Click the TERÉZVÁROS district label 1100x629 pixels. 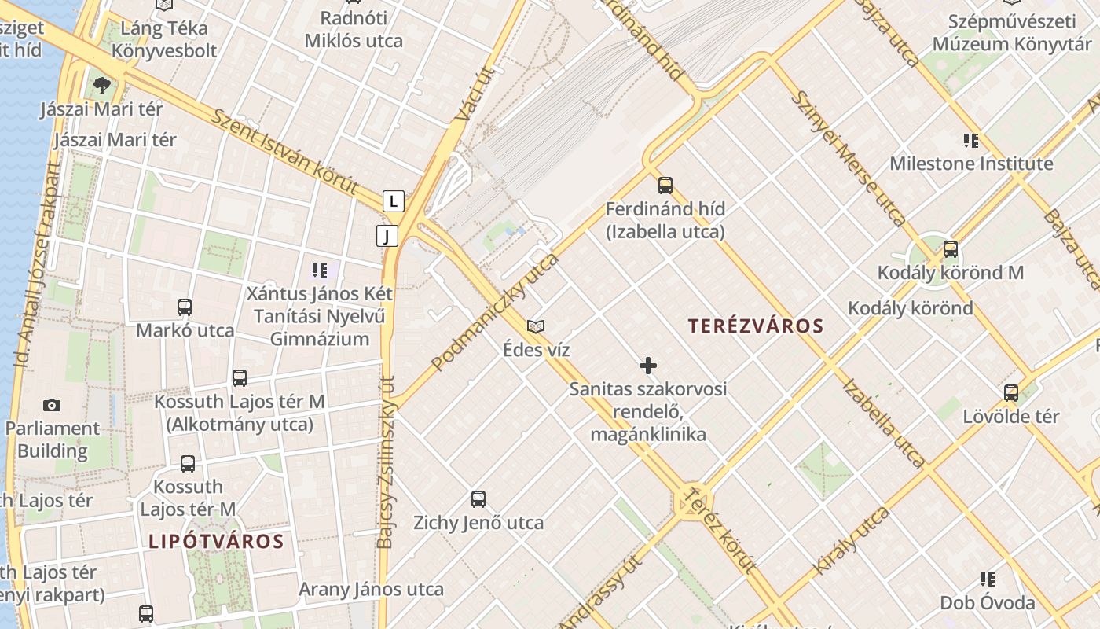point(755,326)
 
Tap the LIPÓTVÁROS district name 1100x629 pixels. point(216,541)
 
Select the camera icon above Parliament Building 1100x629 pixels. point(52,405)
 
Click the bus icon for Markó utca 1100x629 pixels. point(185,307)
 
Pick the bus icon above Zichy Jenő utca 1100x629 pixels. point(478,499)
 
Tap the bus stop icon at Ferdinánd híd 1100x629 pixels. point(665,186)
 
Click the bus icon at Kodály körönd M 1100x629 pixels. point(951,250)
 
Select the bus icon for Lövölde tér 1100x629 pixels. point(1011,392)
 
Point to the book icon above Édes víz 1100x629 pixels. point(536,326)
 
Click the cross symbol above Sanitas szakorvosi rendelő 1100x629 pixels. point(648,366)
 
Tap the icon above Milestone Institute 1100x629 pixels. point(971,141)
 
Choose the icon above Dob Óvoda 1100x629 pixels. point(988,580)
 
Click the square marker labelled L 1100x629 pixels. point(394,200)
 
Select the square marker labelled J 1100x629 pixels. point(387,235)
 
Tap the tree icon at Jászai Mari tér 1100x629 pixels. point(101,85)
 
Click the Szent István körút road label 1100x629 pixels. point(285,153)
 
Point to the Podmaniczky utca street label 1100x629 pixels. point(496,311)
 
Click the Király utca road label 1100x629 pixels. point(853,540)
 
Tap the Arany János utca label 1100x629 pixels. point(371,589)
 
